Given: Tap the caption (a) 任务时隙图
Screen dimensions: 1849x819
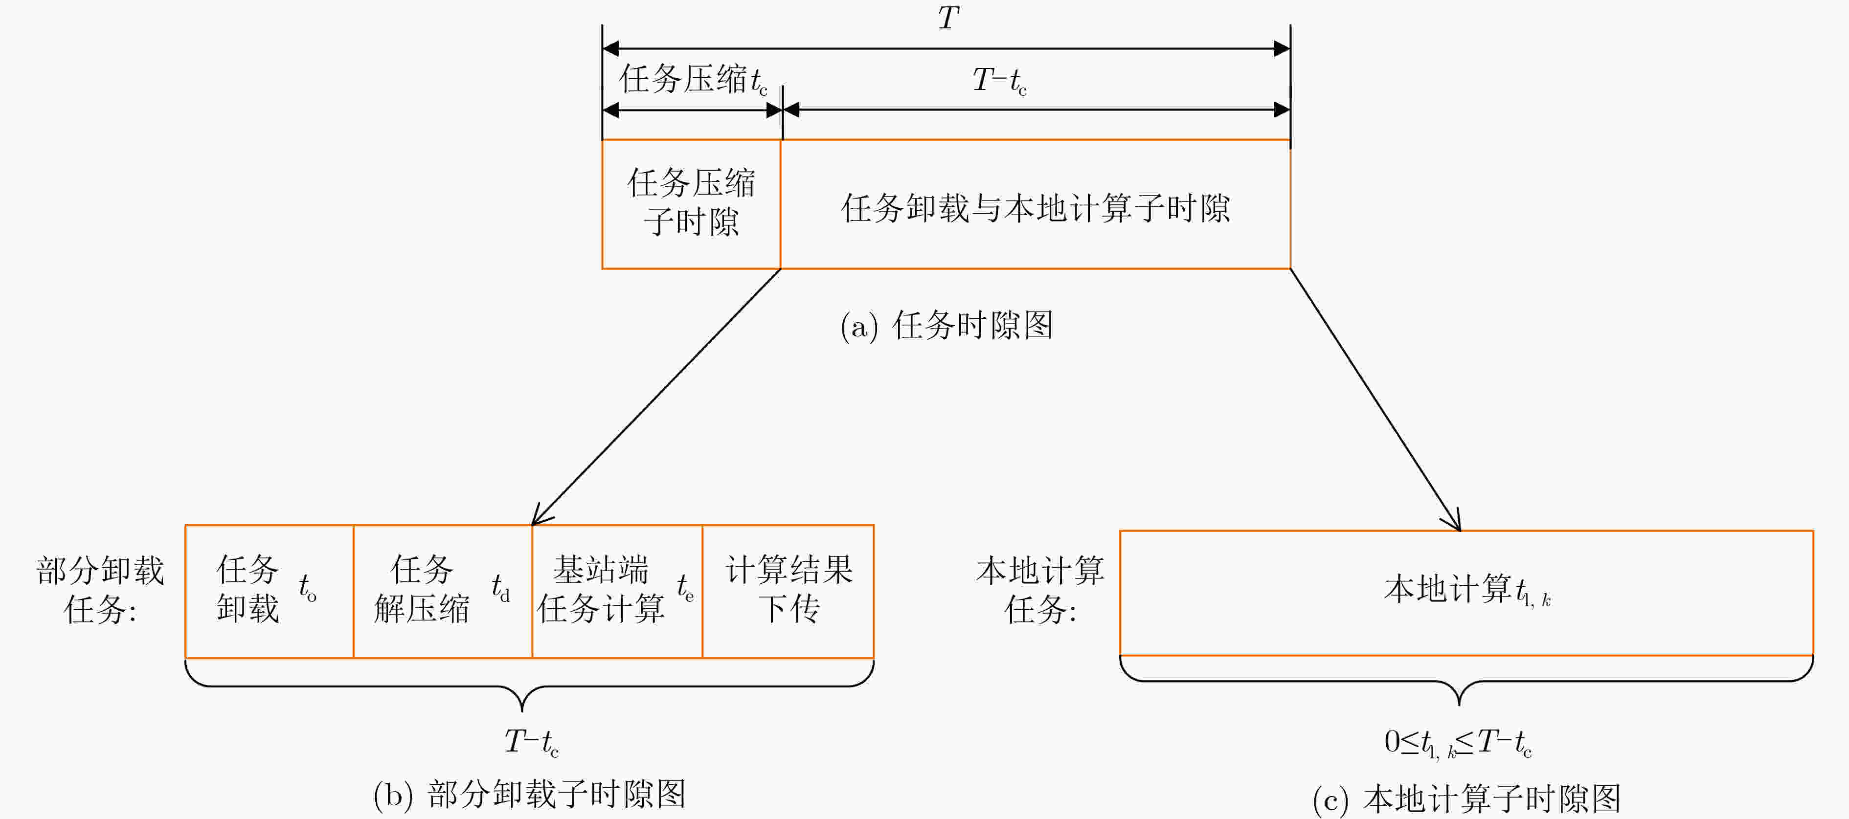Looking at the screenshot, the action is (947, 326).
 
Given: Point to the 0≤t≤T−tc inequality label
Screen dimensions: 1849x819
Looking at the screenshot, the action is (1458, 743).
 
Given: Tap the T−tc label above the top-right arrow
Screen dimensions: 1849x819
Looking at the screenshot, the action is (999, 80).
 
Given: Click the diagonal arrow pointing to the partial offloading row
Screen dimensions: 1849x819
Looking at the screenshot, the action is (656, 397).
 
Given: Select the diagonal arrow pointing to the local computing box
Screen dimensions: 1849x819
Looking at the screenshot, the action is (1375, 400).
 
